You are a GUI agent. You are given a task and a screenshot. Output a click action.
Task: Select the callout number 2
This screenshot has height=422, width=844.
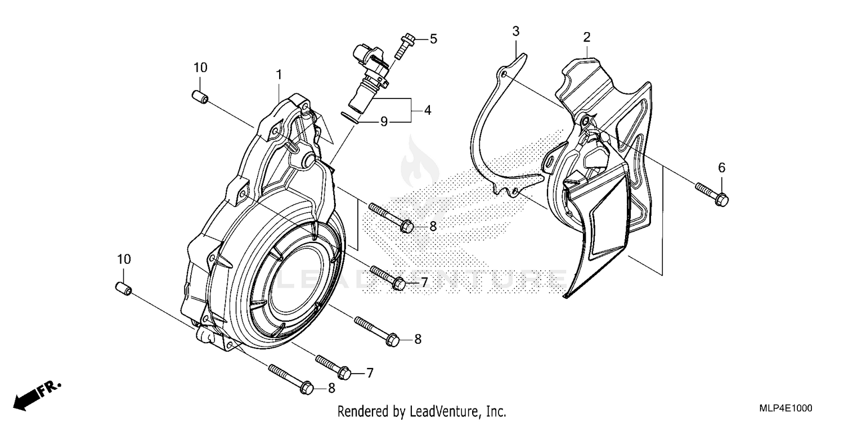[586, 38]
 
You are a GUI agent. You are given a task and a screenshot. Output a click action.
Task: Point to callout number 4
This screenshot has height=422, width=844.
[428, 110]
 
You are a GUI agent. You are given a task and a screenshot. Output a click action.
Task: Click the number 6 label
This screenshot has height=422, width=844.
[721, 167]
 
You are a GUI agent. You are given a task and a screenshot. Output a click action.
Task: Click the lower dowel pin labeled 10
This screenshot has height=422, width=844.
[124, 289]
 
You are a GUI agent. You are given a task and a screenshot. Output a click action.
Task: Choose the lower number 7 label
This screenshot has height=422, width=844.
[370, 372]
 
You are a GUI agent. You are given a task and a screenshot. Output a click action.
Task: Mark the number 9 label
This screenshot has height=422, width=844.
[384, 121]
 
